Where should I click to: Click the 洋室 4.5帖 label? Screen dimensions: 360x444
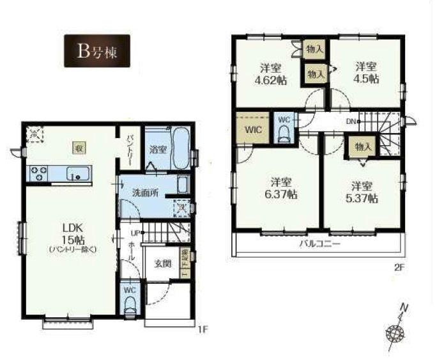click(x=364, y=73)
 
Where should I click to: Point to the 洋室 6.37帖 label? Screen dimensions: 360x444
click(x=282, y=187)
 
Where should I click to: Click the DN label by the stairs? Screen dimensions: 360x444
click(x=351, y=120)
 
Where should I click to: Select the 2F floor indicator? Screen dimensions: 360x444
click(x=399, y=268)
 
